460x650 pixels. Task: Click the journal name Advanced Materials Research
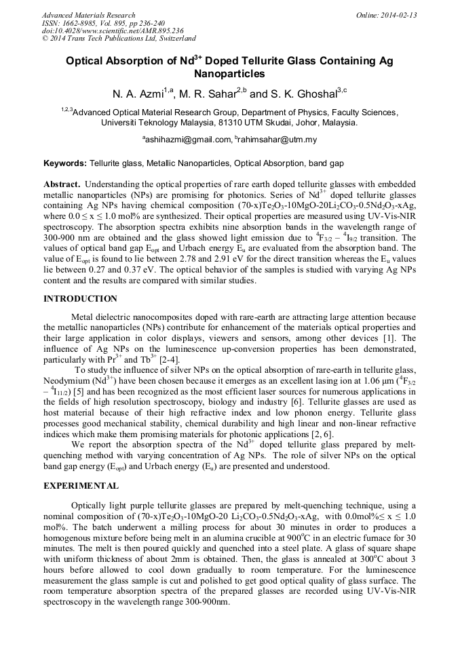coord(88,15)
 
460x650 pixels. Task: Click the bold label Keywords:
coord(65,164)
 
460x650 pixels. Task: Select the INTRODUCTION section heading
coord(80,299)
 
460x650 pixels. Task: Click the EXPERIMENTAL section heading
coord(81,486)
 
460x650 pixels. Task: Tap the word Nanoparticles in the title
coord(229,73)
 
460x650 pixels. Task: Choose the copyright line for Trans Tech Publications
coord(119,39)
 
